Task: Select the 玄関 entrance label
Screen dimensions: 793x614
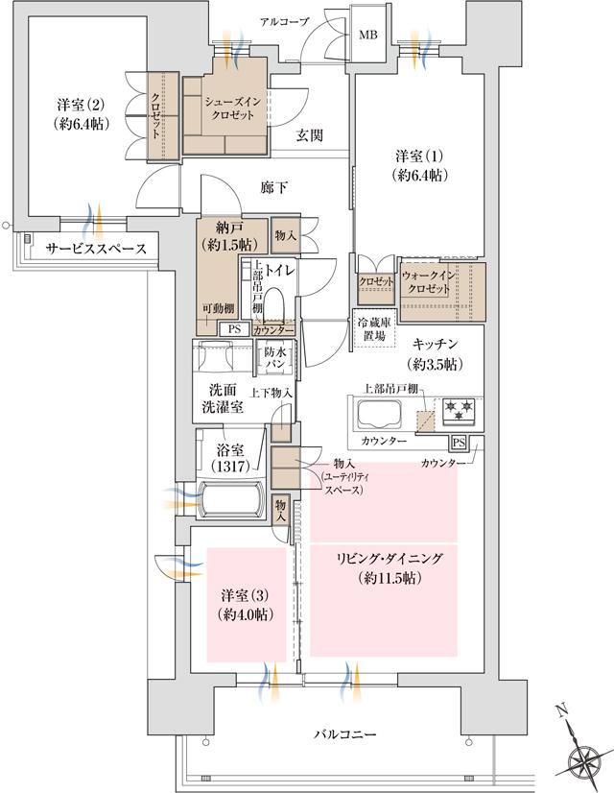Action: click(x=308, y=135)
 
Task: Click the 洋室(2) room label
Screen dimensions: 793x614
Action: click(x=78, y=113)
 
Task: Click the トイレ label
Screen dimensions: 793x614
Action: click(x=281, y=272)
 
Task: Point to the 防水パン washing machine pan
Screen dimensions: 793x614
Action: click(x=275, y=360)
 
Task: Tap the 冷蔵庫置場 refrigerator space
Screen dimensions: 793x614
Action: click(x=373, y=330)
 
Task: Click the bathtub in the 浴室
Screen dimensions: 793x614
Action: click(x=230, y=500)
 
